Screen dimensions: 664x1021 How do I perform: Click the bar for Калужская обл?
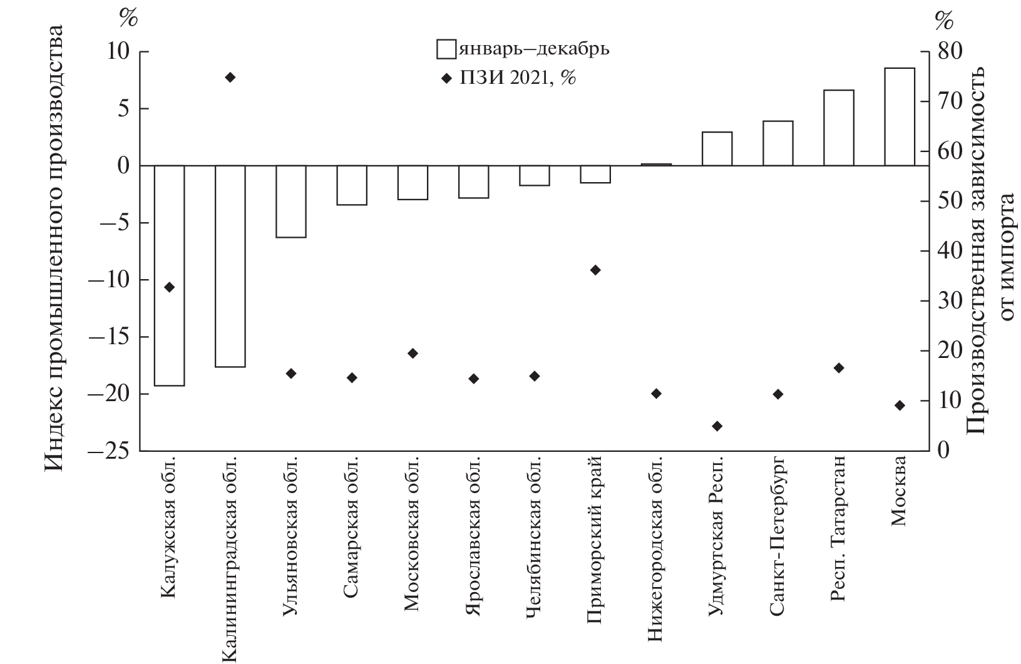click(169, 275)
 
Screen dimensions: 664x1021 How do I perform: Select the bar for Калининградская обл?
click(230, 266)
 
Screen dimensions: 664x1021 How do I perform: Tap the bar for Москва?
click(900, 116)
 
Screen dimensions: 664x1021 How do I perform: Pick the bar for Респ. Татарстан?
click(839, 128)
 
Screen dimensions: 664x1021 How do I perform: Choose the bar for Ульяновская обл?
click(291, 202)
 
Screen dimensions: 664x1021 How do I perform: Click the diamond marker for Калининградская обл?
click(230, 78)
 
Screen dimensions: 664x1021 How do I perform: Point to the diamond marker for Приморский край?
click(595, 270)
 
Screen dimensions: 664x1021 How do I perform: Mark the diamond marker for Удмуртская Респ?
click(717, 426)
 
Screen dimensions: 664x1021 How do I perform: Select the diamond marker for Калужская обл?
click(169, 287)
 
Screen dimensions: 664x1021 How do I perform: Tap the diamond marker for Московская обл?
click(413, 354)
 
